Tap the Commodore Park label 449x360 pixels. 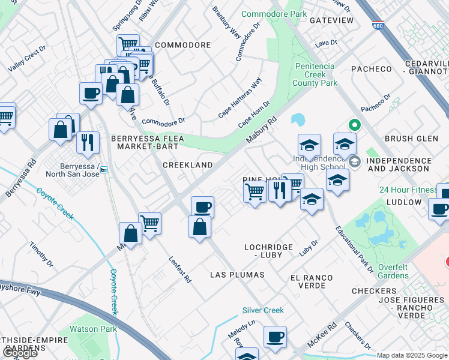pyautogui.click(x=274, y=14)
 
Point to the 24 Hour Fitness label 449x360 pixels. pyautogui.click(x=408, y=190)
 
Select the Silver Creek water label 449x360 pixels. pyautogui.click(x=263, y=310)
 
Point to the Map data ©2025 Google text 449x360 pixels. pyautogui.click(x=412, y=355)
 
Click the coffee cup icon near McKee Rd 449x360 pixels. pyautogui.click(x=275, y=337)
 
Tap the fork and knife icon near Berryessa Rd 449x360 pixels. pyautogui.click(x=88, y=142)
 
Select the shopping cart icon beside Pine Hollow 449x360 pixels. pyautogui.click(x=255, y=193)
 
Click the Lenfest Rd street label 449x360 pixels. pyautogui.click(x=179, y=269)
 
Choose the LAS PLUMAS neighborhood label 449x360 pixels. pyautogui.click(x=237, y=275)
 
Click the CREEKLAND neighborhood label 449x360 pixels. pyautogui.click(x=188, y=165)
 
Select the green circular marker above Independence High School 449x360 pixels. pyautogui.click(x=354, y=125)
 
